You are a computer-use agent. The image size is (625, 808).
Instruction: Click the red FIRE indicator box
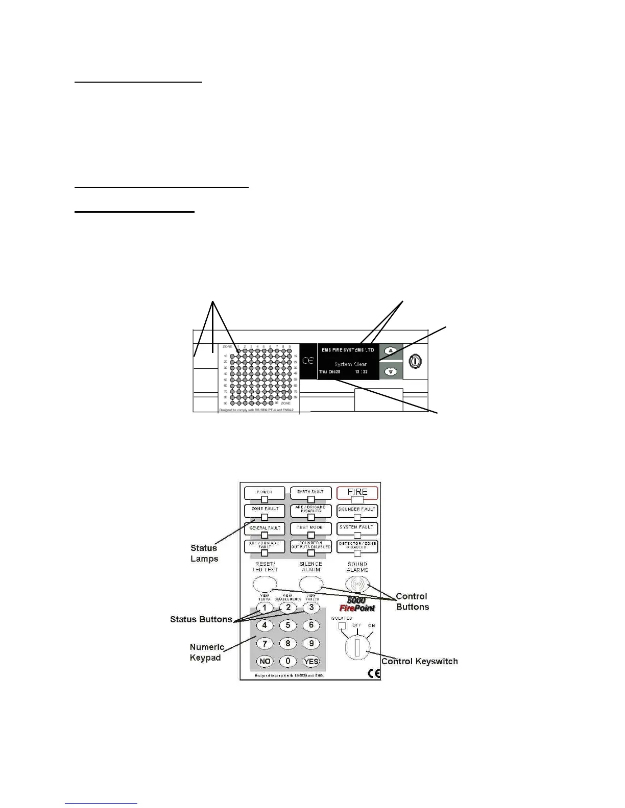(357, 492)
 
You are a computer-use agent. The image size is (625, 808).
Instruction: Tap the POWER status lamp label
(265, 492)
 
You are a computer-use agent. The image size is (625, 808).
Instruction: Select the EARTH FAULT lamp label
(310, 492)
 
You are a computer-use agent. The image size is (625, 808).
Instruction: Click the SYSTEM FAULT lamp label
(357, 527)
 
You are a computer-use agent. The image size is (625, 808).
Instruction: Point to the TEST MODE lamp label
(310, 527)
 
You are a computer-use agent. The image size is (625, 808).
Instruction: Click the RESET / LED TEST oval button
(265, 583)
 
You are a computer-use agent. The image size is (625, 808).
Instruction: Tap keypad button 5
(288, 625)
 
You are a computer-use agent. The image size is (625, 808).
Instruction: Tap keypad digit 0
(288, 661)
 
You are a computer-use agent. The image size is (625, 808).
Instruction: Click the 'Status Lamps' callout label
(204, 553)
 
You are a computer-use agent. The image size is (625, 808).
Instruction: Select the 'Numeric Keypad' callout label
(206, 652)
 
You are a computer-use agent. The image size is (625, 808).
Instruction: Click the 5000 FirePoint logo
(357, 604)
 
